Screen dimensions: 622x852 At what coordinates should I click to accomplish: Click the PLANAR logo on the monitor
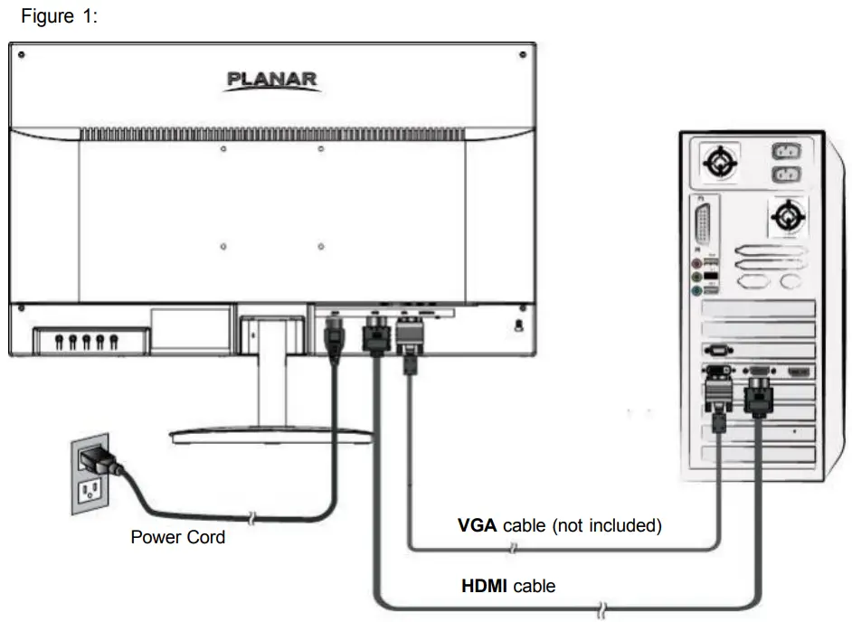click(x=271, y=80)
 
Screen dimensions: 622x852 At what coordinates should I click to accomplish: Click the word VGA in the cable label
click(x=477, y=525)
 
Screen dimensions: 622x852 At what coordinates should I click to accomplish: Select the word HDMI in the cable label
click(x=485, y=586)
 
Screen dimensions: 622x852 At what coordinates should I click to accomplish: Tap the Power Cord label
click(x=178, y=537)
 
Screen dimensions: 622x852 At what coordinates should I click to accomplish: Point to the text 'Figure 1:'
click(x=59, y=17)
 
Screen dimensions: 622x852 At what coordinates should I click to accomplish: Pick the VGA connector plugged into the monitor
click(x=408, y=338)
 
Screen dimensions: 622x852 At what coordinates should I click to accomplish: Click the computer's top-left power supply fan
click(x=721, y=164)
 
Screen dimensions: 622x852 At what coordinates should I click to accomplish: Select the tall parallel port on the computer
click(x=702, y=222)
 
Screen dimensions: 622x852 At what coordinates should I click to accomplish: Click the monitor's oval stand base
click(x=270, y=436)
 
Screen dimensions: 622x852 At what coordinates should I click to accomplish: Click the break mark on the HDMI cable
click(x=602, y=606)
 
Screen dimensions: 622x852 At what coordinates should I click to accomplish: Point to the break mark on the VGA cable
click(x=514, y=548)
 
